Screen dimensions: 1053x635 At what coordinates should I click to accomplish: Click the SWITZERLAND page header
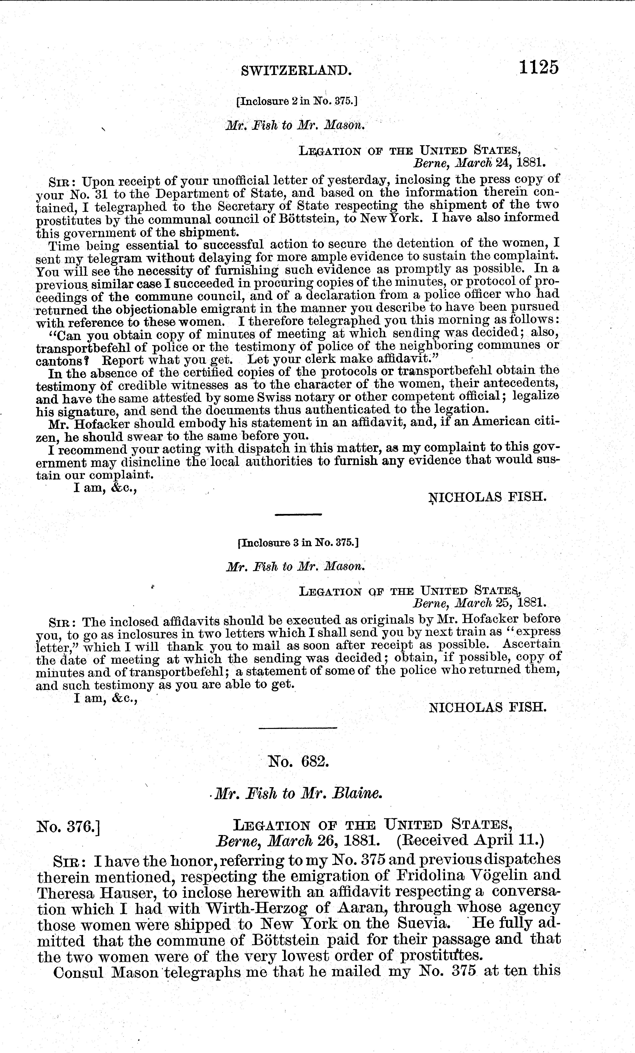point(297,70)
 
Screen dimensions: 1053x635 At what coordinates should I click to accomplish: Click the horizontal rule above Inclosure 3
point(298,514)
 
